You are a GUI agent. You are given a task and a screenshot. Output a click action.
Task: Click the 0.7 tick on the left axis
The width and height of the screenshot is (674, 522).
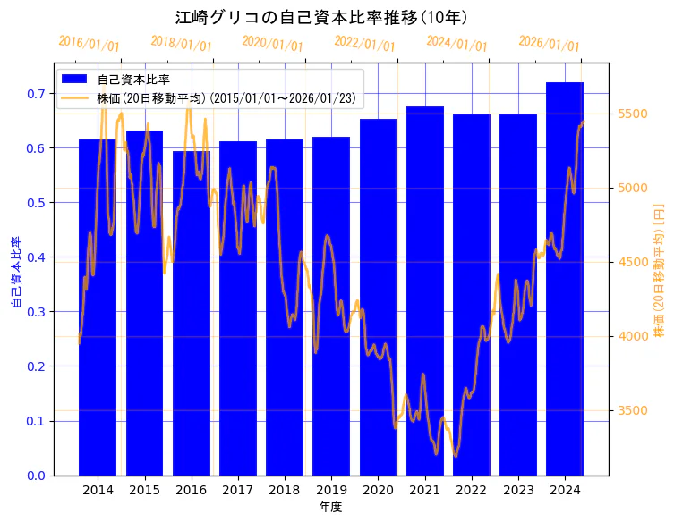tap(37, 94)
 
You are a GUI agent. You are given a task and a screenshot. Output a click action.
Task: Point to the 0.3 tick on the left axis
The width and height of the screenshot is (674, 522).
tap(37, 312)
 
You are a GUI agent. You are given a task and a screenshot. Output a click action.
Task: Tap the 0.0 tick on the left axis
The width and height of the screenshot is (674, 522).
tap(37, 476)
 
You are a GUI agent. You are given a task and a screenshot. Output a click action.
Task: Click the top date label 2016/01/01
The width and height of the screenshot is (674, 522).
tap(89, 44)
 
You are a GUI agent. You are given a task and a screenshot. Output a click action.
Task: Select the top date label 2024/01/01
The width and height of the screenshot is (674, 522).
tap(456, 44)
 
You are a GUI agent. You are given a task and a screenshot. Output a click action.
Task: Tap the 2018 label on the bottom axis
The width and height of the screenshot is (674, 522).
tap(284, 491)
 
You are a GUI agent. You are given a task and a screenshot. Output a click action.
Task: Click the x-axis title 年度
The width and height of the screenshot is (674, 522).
tap(330, 507)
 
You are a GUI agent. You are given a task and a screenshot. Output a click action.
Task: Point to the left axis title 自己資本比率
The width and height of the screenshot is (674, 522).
tap(15, 272)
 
